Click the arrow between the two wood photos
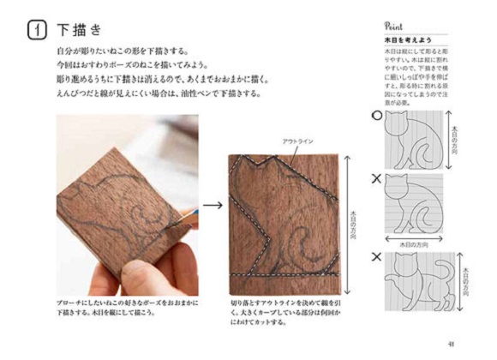point(211,206)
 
